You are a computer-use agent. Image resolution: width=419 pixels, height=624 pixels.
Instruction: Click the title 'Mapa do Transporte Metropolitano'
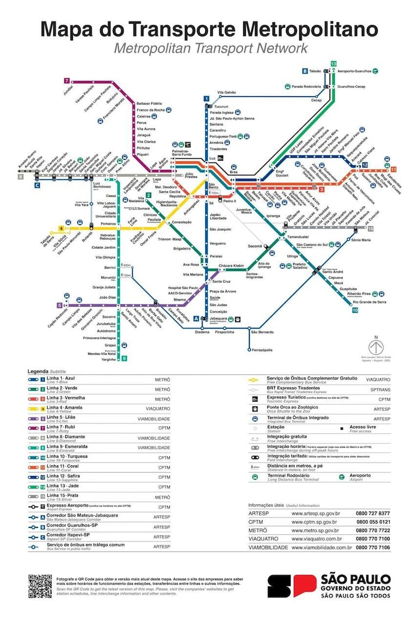tap(209, 28)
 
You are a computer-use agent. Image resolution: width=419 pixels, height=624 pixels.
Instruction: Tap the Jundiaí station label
tap(68, 89)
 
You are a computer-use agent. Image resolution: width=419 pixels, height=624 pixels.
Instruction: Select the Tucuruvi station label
tap(225, 107)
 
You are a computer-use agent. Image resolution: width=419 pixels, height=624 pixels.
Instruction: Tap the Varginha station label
tap(109, 359)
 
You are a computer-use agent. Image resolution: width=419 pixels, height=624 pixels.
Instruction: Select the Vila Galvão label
tap(226, 92)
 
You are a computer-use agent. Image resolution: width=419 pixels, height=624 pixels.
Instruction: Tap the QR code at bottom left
tap(40, 586)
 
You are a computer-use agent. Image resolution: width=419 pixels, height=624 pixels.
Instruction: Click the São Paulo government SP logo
tap(287, 586)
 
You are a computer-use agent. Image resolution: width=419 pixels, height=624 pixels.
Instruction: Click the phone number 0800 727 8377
tap(373, 513)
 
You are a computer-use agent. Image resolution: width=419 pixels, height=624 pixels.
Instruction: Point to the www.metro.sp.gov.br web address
tap(315, 530)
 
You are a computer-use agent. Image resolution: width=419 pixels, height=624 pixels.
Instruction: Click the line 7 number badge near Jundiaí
tap(67, 80)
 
